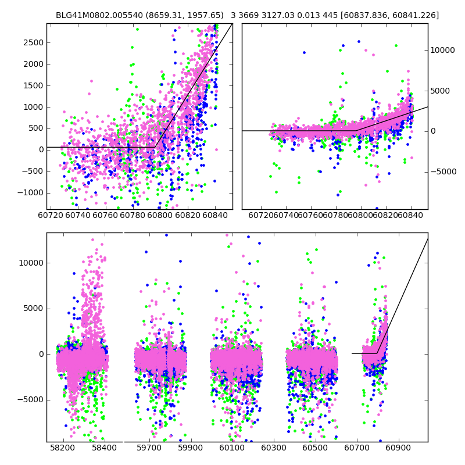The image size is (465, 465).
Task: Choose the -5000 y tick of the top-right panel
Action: tap(444, 171)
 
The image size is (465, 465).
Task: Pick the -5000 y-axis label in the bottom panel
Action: tap(31, 399)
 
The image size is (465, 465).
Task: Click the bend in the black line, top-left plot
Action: tap(156, 147)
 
